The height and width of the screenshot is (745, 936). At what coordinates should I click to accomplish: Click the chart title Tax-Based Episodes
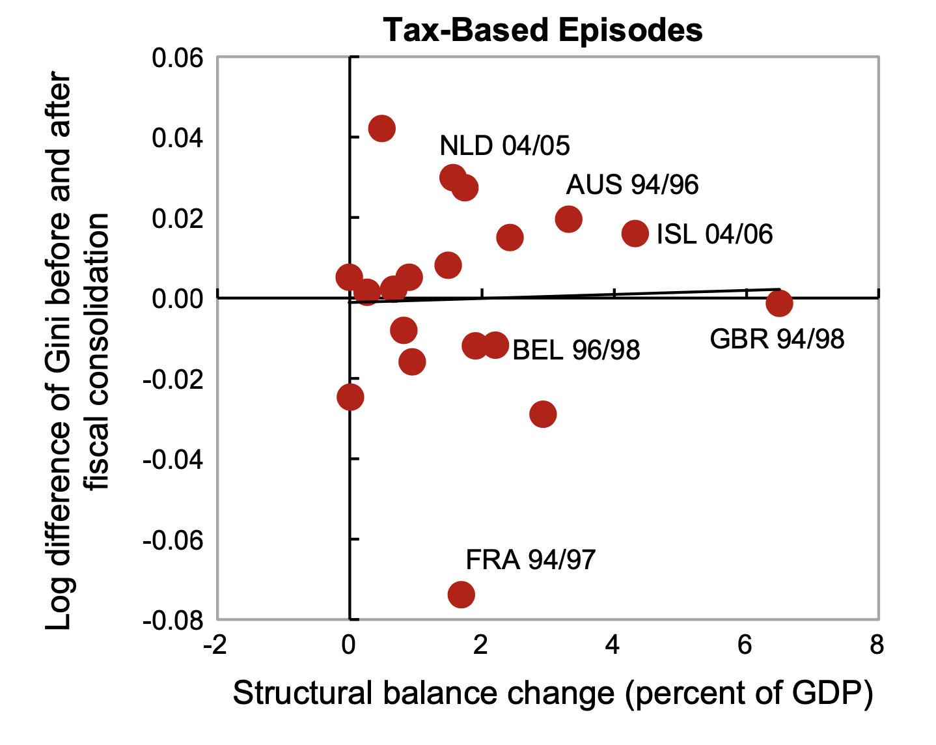[543, 30]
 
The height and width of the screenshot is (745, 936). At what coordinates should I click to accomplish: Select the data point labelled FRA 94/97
[461, 594]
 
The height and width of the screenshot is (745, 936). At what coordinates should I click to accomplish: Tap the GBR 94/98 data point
[779, 303]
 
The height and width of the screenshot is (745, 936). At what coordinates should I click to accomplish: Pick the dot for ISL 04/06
[635, 233]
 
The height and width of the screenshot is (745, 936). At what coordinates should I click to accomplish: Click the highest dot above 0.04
[381, 128]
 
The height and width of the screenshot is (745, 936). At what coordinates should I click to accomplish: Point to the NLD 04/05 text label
[504, 145]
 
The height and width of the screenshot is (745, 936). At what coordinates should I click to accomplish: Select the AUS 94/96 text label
[632, 185]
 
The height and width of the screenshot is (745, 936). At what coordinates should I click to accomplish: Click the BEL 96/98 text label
[576, 350]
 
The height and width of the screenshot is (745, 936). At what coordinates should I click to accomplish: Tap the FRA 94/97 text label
[530, 559]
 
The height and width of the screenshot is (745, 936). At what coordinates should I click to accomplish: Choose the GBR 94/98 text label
[777, 339]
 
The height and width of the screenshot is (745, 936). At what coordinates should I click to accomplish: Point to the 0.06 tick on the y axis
[178, 58]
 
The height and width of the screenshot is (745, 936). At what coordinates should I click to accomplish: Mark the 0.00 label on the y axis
[178, 299]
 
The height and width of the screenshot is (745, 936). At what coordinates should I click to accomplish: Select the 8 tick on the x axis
[877, 645]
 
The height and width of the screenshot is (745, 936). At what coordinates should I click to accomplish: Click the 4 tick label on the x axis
[613, 645]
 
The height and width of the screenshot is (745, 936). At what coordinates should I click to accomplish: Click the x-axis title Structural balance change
[552, 694]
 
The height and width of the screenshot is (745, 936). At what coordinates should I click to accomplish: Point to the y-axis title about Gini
[77, 352]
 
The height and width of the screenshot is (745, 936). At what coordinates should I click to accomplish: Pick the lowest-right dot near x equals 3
[543, 414]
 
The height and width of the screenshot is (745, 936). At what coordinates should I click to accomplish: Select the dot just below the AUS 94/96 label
[568, 219]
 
